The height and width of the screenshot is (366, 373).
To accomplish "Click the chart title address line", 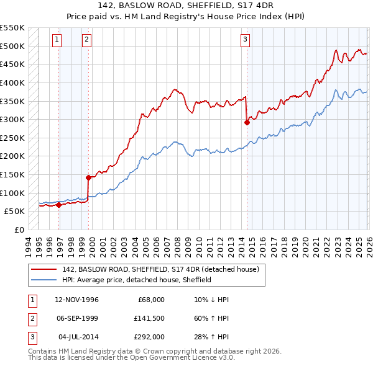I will [x=186, y=5].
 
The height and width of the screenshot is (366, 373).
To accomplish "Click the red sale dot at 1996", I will [x=58, y=205].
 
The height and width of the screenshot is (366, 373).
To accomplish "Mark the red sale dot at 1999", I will [x=88, y=177].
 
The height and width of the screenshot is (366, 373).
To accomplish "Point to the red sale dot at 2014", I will [x=247, y=122].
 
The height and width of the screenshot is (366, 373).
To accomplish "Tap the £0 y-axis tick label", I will [x=19, y=230].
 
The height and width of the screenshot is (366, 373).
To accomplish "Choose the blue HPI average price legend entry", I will [x=137, y=280].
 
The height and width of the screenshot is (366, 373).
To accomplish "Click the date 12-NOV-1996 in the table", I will [x=76, y=300].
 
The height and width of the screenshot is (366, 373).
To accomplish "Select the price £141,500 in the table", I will [x=149, y=318].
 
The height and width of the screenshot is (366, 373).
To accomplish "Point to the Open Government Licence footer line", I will [x=131, y=358].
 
